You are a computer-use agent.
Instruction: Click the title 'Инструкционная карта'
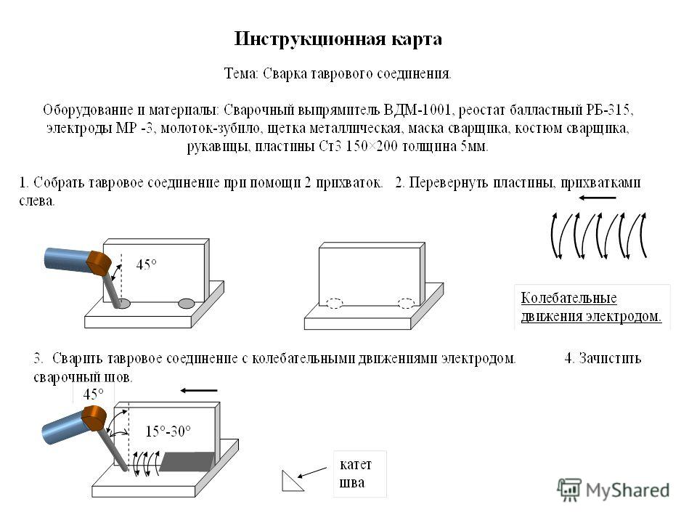click(338, 39)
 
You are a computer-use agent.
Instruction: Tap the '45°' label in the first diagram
click(146, 265)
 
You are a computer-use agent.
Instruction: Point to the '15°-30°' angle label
click(168, 431)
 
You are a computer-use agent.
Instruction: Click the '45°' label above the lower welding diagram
click(94, 394)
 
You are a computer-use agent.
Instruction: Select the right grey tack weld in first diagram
click(187, 304)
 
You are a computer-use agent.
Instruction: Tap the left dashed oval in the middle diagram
click(335, 304)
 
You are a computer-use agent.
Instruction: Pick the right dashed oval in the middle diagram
click(406, 304)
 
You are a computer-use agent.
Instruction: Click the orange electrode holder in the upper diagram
click(99, 263)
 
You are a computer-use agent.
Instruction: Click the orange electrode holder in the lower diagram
click(94, 418)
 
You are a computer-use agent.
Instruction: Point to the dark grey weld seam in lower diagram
click(187, 461)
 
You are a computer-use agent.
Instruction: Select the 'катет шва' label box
click(360, 474)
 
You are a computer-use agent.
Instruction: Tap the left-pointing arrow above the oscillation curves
click(598, 198)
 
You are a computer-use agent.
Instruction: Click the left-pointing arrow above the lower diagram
click(199, 391)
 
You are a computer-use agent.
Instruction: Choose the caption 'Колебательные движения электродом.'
click(591, 307)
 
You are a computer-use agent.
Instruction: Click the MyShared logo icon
click(569, 490)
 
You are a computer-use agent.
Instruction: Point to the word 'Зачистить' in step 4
click(610, 358)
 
